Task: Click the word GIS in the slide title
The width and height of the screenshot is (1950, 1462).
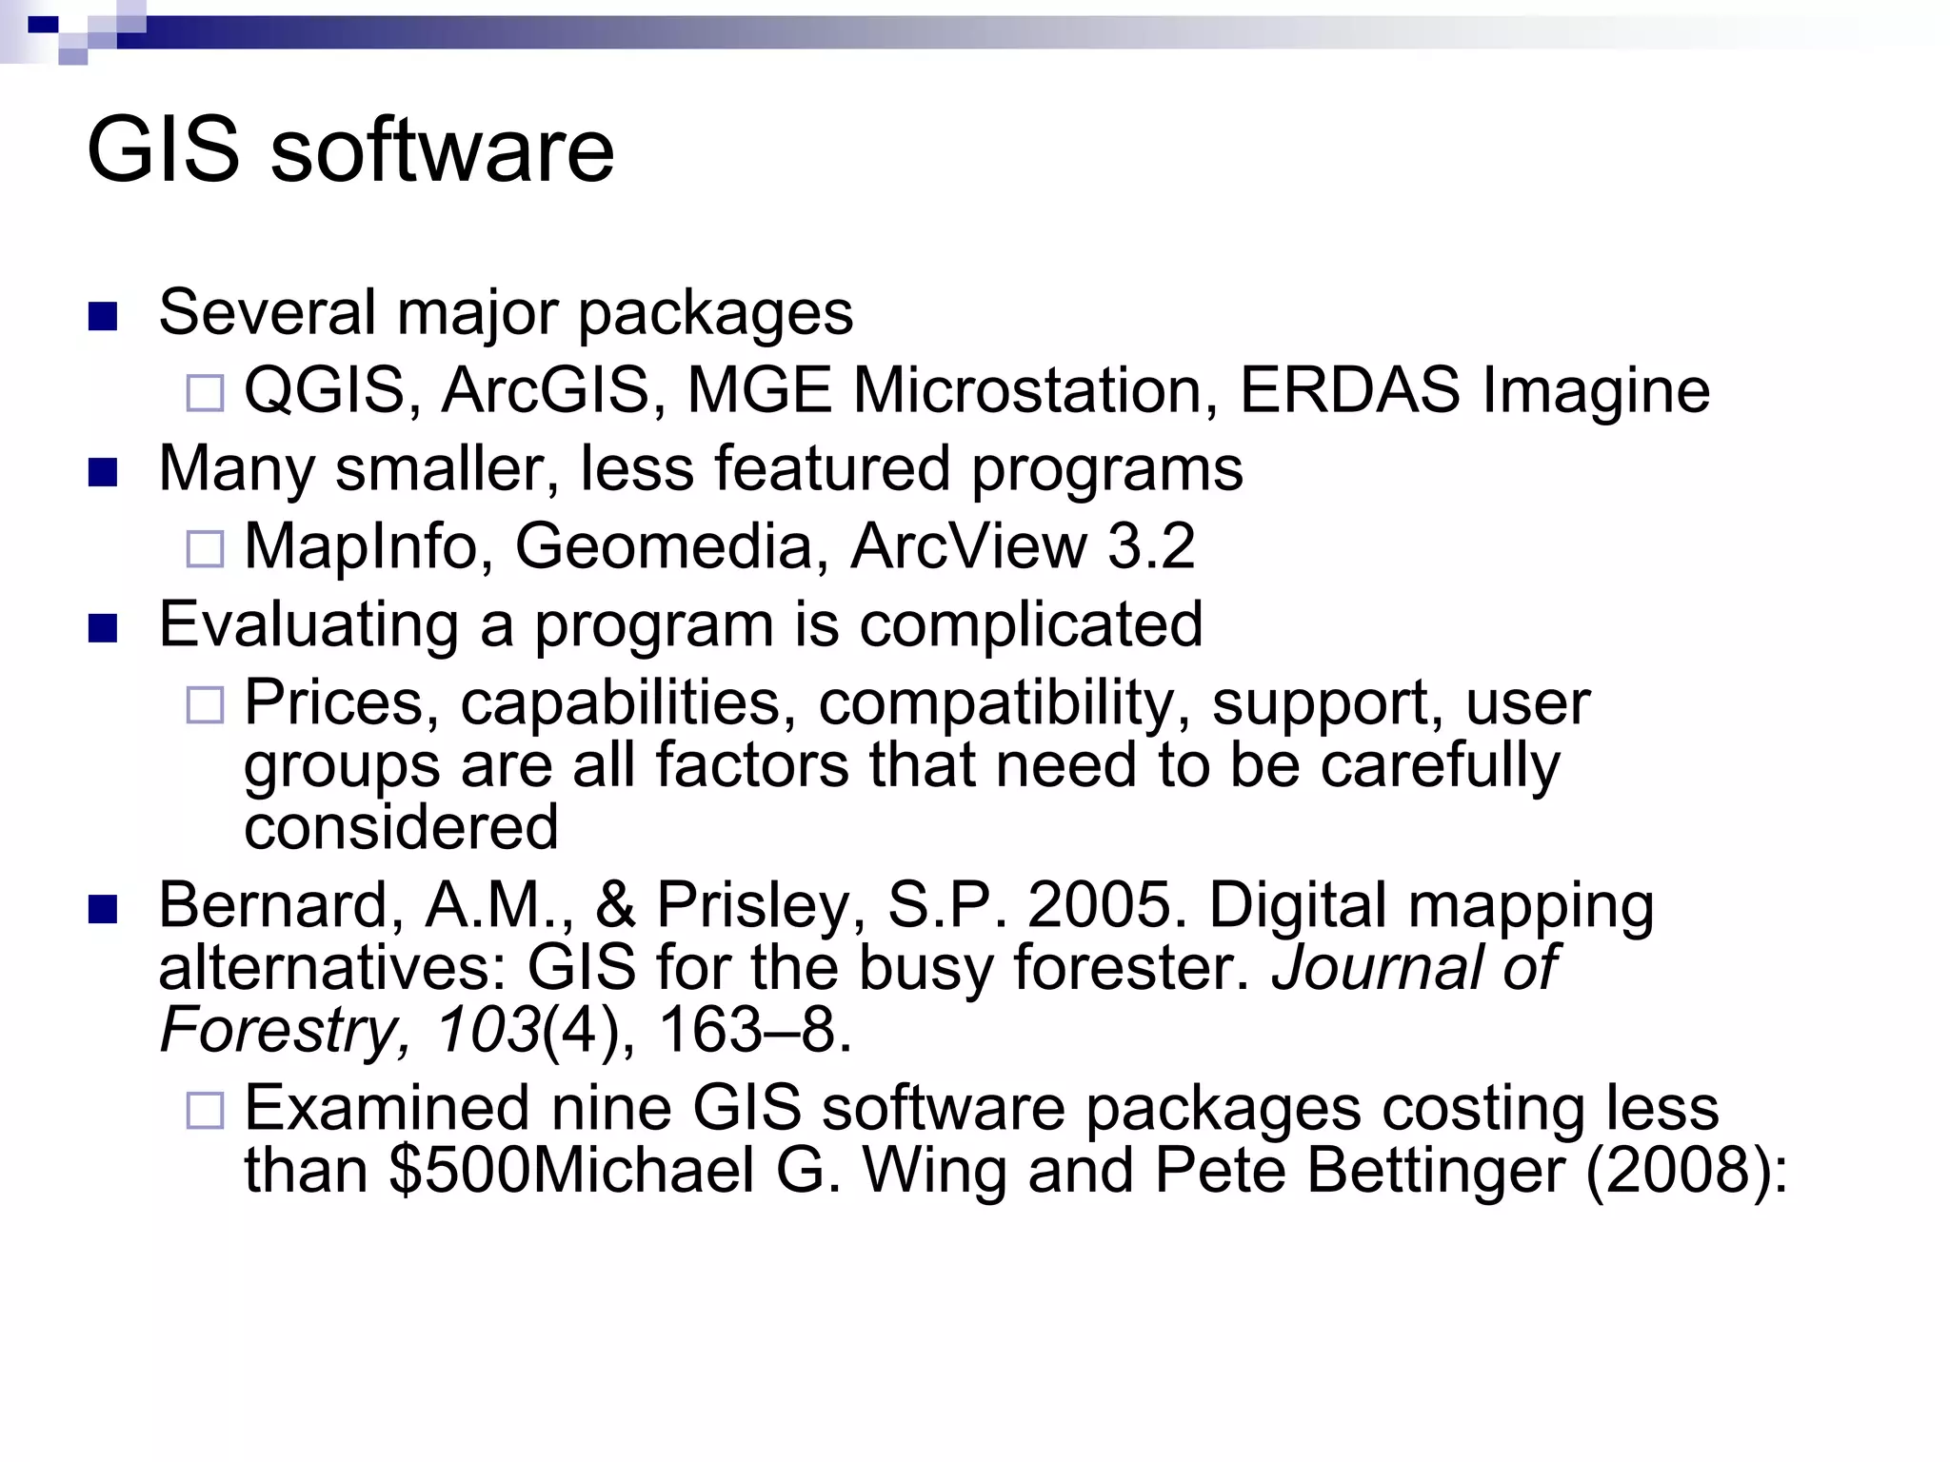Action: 163,151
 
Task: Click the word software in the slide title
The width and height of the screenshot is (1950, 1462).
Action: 443,151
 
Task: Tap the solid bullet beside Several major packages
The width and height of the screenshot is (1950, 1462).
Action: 102,316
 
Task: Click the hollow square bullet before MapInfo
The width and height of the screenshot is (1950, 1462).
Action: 205,549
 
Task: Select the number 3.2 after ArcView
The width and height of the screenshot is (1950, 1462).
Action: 1151,547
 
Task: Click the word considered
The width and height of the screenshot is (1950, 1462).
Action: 401,827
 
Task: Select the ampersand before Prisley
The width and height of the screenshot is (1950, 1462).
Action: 615,905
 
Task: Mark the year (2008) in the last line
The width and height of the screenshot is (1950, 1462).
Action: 1685,1171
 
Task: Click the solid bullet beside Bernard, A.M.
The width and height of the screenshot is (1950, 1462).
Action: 102,910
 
